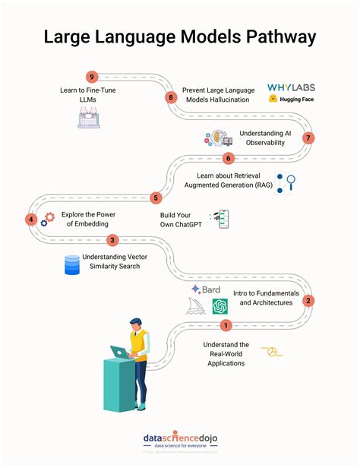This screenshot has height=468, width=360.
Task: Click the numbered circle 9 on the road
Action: pos(92,76)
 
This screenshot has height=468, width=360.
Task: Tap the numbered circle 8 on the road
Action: pos(171,97)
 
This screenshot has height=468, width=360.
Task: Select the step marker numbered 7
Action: pos(308,138)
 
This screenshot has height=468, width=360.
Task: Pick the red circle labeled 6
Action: pos(227,158)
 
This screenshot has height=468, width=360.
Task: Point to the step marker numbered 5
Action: pos(156,198)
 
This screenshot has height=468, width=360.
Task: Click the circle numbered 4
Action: pos(31,219)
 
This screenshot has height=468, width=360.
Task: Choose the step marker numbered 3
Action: pos(112,240)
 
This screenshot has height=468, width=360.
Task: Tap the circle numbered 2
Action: pos(308,300)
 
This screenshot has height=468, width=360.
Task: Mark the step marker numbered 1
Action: pos(225,325)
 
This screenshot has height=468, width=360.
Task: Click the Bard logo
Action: pos(206,289)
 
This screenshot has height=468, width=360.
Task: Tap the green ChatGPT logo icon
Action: pos(220,306)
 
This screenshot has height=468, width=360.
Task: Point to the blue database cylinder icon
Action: pos(72,264)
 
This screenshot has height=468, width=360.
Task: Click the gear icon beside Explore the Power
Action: pos(49,218)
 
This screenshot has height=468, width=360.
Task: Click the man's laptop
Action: pos(121,352)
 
